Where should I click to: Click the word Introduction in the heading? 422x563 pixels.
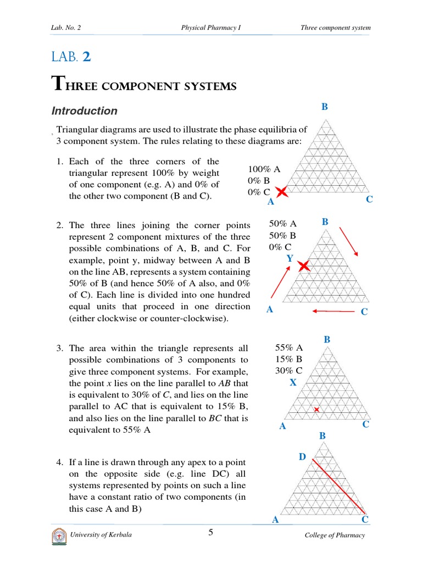click(84, 111)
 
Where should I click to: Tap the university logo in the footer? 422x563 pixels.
click(59, 536)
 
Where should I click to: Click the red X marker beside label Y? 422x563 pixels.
click(303, 267)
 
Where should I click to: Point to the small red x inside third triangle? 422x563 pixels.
click(316, 410)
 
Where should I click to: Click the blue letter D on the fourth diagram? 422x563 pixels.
click(302, 457)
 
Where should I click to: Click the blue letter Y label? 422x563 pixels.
click(290, 258)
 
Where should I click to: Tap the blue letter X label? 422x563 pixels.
click(293, 383)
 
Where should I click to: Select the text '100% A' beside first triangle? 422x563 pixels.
click(264, 170)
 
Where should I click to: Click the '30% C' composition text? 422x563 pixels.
click(288, 371)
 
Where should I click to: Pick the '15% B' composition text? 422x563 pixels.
click(288, 359)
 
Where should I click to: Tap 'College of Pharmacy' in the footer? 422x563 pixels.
click(335, 536)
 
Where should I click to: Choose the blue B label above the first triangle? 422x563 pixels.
click(325, 107)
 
